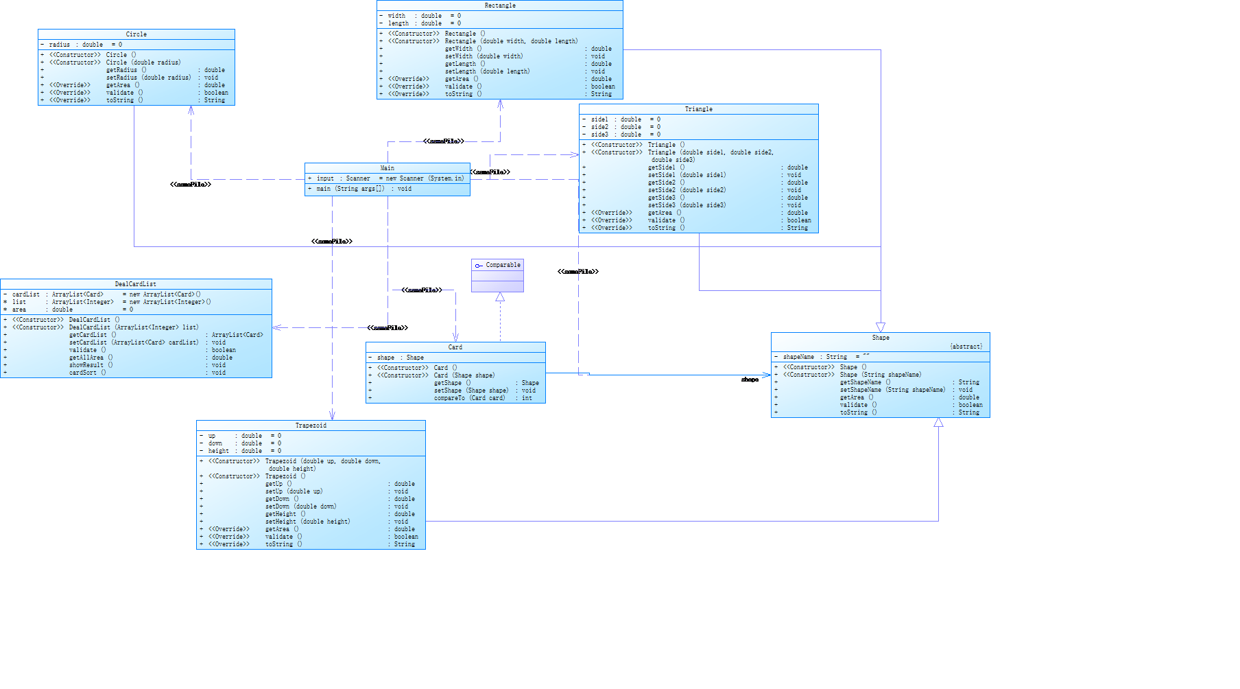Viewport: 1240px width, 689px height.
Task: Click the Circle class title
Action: [x=136, y=34]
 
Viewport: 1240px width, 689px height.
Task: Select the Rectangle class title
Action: [x=500, y=5]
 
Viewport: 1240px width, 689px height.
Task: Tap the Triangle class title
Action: [x=698, y=109]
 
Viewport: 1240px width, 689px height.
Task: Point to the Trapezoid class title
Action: [x=311, y=425]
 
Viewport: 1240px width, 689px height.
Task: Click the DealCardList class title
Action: [x=135, y=284]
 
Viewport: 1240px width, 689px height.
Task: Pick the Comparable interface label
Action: [x=503, y=265]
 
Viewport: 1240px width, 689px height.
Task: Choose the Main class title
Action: [x=387, y=168]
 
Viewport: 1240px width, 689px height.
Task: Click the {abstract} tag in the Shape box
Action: [x=966, y=347]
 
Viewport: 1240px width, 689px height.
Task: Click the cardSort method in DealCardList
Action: [x=87, y=373]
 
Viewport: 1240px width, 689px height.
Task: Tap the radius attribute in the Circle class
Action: [x=60, y=45]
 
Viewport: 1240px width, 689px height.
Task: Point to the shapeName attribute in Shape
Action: [x=799, y=357]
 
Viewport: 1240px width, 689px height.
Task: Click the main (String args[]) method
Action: [x=350, y=189]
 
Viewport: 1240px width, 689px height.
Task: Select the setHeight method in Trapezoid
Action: [x=307, y=522]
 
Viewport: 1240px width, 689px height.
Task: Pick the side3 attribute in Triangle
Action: [x=599, y=135]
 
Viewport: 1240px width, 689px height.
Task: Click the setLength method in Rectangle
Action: [x=487, y=71]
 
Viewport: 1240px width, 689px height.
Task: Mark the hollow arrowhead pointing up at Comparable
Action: [x=500, y=297]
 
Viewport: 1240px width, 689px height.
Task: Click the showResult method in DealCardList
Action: [x=91, y=365]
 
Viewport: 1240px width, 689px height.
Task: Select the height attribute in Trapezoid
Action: [x=219, y=451]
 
